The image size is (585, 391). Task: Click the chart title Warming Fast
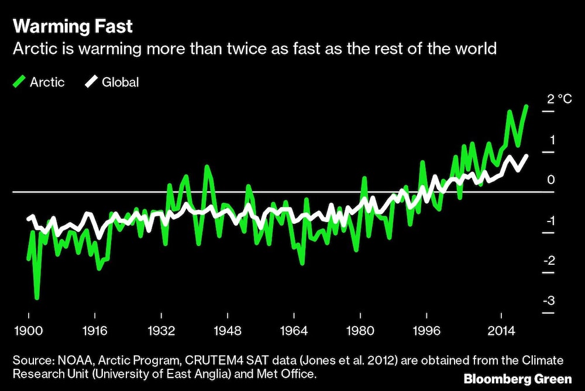coord(73,27)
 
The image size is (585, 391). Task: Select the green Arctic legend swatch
coord(19,82)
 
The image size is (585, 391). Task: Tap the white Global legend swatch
coord(92,82)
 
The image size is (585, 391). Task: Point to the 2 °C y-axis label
coord(559,99)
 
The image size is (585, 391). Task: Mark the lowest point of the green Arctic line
coord(37,298)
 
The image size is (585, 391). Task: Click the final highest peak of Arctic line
coord(526,106)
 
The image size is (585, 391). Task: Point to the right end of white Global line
coord(526,155)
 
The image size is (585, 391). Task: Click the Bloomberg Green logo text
coord(518,379)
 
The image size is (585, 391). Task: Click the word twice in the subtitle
coord(285,48)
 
